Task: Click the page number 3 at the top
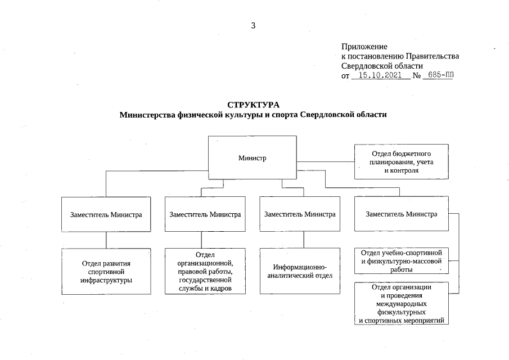tap(254, 25)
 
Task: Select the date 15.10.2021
tap(380, 75)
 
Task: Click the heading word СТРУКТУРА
tap(253, 105)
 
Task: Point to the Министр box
tap(252, 157)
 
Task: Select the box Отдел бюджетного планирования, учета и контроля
tap(401, 161)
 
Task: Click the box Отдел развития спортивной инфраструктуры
tap(106, 271)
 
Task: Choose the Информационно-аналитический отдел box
tap(299, 271)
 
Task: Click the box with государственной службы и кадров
tap(205, 272)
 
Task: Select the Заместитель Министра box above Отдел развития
tap(106, 214)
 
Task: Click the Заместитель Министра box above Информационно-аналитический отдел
tap(299, 214)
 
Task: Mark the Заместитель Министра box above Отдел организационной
tap(205, 214)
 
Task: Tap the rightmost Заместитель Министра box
tap(401, 214)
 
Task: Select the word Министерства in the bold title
tap(148, 115)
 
